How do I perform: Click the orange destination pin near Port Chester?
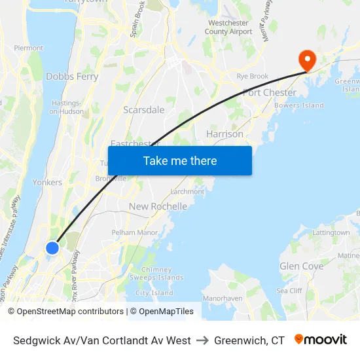click(x=306, y=60)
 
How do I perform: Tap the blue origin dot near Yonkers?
click(x=52, y=248)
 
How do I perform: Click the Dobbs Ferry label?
click(x=72, y=77)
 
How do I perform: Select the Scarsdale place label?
click(x=144, y=110)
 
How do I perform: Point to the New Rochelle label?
click(x=158, y=206)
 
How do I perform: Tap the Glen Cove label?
click(x=301, y=266)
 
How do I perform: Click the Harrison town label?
click(x=225, y=134)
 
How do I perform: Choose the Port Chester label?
click(x=269, y=93)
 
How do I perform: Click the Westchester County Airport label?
click(x=228, y=27)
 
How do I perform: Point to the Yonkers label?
click(x=47, y=183)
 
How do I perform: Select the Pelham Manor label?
click(x=135, y=232)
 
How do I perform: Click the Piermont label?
click(x=28, y=48)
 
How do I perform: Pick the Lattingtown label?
click(x=331, y=232)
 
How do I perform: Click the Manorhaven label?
click(x=223, y=298)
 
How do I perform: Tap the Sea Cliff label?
click(x=289, y=291)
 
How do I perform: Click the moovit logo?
click(x=321, y=340)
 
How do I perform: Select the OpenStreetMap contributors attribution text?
click(x=70, y=312)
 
